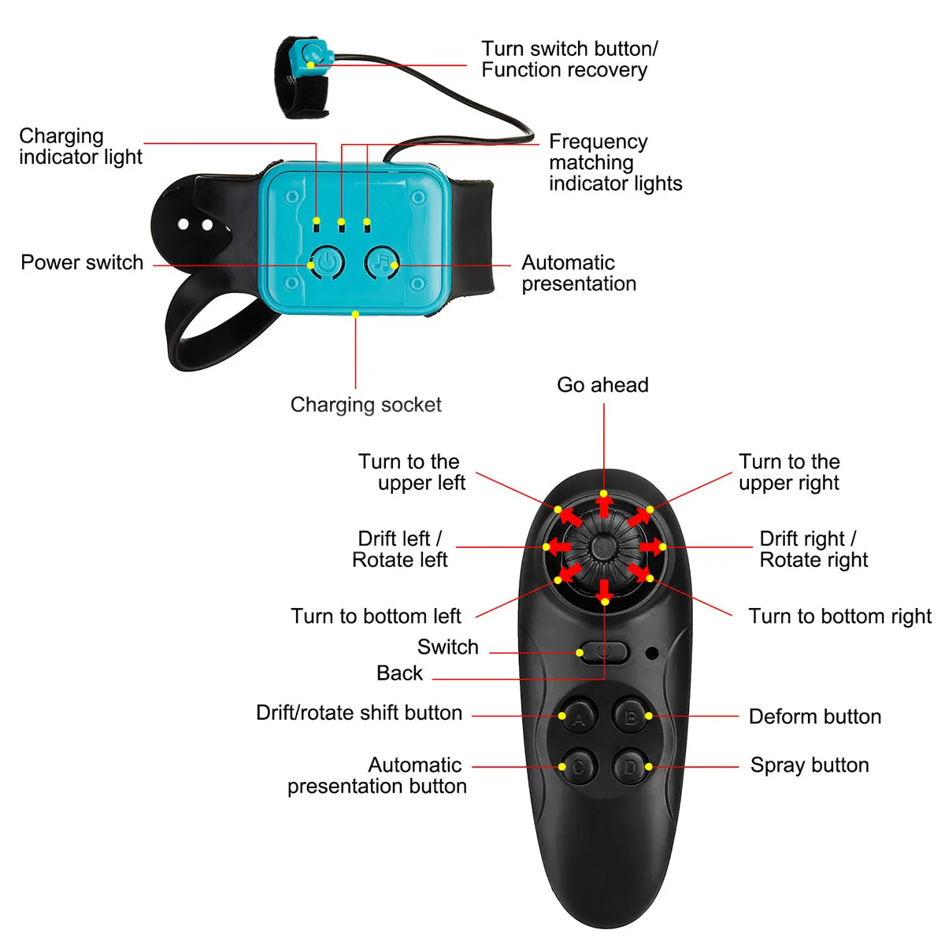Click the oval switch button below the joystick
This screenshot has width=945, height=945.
(603, 652)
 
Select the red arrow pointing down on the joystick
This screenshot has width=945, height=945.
(604, 590)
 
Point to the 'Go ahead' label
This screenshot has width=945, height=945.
(602, 385)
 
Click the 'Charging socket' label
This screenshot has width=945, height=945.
(365, 405)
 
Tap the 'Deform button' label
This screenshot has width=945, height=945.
(814, 717)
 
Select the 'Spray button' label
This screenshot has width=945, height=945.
(810, 765)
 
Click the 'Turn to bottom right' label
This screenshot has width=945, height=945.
(839, 616)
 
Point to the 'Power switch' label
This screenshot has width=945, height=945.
(82, 262)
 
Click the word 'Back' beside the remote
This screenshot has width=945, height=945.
(399, 673)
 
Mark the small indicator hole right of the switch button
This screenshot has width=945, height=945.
(652, 652)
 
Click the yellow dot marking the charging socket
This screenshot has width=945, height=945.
(355, 314)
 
